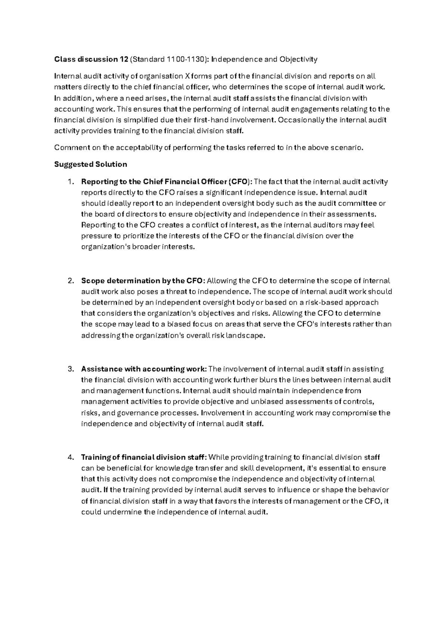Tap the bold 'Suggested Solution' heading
[x=91, y=164]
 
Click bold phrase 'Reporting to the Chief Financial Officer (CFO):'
[x=167, y=182]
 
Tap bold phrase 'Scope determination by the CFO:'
[x=143, y=281]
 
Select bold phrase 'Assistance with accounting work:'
[x=144, y=369]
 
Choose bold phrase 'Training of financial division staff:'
[x=144, y=457]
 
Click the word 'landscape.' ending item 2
[x=247, y=336]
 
